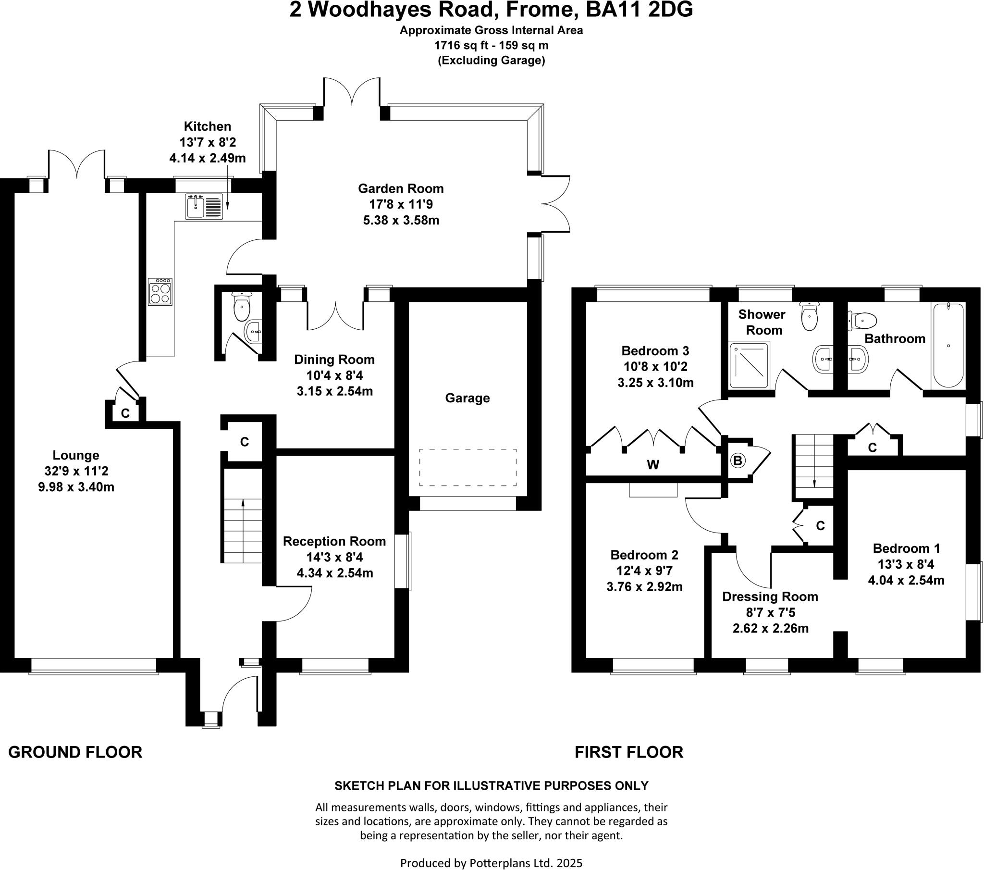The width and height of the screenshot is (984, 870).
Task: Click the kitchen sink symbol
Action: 204,206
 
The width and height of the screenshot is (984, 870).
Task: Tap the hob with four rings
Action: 160,292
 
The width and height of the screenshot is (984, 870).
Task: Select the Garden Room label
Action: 401,188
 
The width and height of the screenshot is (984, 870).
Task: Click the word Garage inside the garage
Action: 467,398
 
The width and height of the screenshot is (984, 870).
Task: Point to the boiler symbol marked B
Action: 737,460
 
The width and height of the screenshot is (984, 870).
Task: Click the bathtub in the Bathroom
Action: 948,346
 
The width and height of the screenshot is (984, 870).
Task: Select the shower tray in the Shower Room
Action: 749,365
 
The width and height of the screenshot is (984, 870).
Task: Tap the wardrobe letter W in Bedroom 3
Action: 653,465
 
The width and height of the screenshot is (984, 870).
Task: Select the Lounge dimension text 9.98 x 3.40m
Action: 76,487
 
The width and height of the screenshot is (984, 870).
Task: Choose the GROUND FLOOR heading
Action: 75,752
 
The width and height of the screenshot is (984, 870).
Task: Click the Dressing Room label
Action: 770,597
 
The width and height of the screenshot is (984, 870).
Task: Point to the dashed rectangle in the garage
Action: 467,467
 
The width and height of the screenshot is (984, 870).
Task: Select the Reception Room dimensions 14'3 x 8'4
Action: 334,558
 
